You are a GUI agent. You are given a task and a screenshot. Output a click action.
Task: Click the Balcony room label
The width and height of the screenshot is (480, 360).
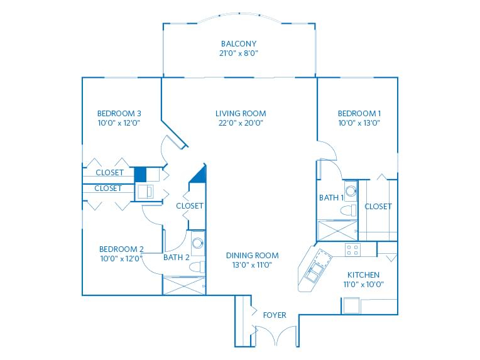(x=239, y=44)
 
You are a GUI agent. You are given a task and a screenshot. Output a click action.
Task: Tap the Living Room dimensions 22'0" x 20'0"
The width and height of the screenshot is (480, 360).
(x=241, y=123)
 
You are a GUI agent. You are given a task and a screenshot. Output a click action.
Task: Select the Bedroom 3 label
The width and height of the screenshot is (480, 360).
(x=119, y=114)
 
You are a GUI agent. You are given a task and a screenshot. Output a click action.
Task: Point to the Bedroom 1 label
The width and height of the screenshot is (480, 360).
(x=359, y=114)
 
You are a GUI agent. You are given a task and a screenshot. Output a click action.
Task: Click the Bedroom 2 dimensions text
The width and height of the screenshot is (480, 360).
(x=121, y=259)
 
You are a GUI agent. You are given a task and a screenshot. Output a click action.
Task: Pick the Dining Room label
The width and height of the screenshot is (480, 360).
(x=252, y=255)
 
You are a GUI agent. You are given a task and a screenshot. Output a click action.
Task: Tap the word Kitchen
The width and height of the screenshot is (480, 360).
(x=363, y=275)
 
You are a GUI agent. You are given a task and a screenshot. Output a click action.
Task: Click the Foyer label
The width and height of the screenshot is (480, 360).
(x=275, y=315)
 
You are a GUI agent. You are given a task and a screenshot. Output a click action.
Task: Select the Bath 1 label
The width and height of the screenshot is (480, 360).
(x=331, y=198)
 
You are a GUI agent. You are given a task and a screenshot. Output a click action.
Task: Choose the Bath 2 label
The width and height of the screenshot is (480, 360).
(x=177, y=258)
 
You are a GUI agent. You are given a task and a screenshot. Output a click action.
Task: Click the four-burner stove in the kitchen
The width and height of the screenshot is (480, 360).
(x=352, y=249)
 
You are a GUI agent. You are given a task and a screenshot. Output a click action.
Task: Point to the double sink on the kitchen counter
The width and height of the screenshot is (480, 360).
(x=315, y=272)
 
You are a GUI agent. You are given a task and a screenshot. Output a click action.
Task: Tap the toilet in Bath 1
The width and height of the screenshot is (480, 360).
(x=349, y=210)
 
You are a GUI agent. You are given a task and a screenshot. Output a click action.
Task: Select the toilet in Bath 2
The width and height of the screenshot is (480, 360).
(x=197, y=266)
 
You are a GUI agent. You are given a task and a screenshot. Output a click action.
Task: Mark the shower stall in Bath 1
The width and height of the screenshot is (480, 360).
(x=337, y=230)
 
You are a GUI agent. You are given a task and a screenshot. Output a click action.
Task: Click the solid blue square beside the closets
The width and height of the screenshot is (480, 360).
(x=141, y=175)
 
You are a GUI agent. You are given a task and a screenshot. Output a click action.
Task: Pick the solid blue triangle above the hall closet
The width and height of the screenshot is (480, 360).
(x=199, y=174)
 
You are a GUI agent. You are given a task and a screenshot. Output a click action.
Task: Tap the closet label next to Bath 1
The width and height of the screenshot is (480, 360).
(x=378, y=207)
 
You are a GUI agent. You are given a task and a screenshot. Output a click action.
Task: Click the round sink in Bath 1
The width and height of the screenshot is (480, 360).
(x=351, y=191)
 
